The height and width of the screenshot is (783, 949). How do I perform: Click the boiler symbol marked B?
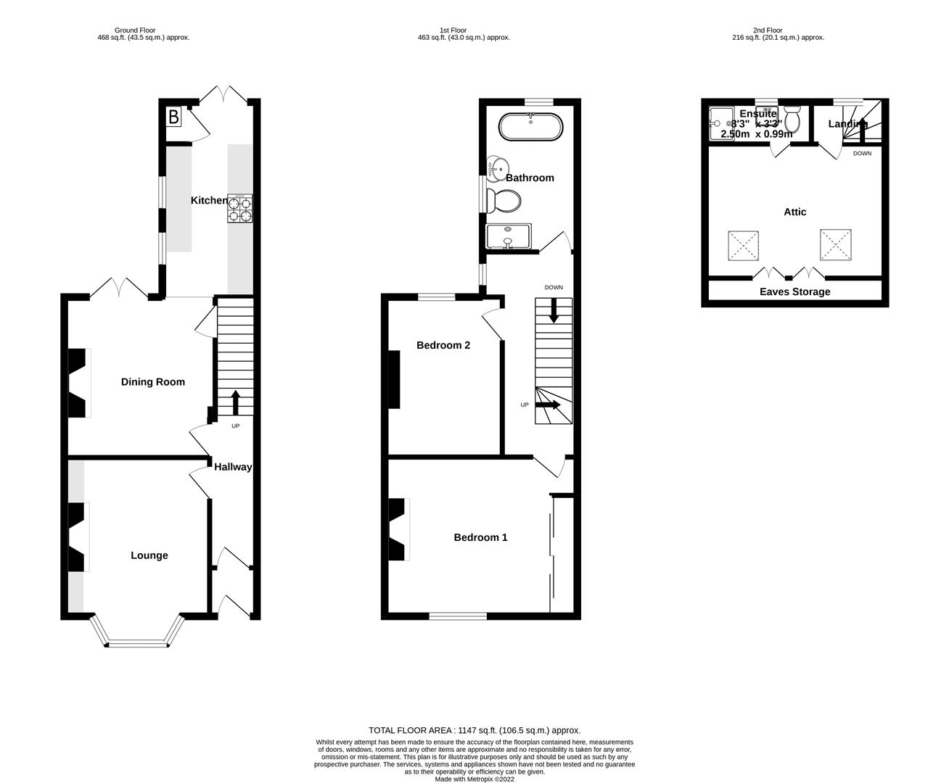174,117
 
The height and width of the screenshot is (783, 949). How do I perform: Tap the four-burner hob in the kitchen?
240,208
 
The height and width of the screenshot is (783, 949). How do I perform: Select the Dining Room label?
152,382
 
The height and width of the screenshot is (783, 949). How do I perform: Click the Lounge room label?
149,555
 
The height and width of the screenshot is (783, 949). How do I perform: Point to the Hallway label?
233,467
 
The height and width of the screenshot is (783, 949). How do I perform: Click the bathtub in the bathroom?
531,128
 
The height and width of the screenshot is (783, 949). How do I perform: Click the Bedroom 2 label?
443,345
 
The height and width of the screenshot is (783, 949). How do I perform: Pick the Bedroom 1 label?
480,537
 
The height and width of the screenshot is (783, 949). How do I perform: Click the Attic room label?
795,212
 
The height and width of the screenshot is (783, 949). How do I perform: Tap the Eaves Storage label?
794,291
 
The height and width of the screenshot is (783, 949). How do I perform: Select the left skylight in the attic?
744,246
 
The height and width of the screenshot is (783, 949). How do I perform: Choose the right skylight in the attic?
836,245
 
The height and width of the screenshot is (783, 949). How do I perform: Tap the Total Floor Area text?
474,730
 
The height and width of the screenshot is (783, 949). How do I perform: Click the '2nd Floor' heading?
768,30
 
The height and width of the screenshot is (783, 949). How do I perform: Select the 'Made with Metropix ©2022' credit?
474,779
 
